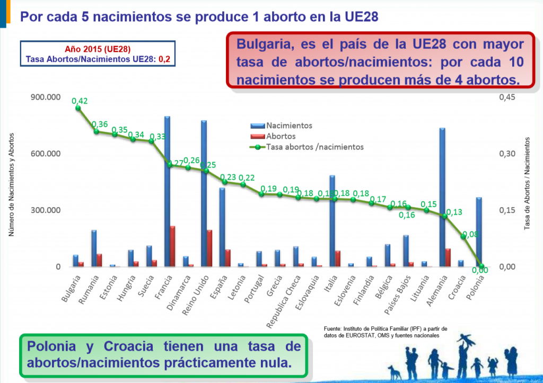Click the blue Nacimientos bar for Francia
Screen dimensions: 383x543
tap(167, 191)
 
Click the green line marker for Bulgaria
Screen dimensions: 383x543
tap(78, 108)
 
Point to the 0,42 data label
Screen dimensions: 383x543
tap(80, 100)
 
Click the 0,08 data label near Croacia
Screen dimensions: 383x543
tap(469, 234)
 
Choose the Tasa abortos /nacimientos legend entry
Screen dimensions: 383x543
tap(314, 147)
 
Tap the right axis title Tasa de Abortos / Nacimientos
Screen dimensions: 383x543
tap(528, 183)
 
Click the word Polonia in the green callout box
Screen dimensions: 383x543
tap(55, 347)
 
